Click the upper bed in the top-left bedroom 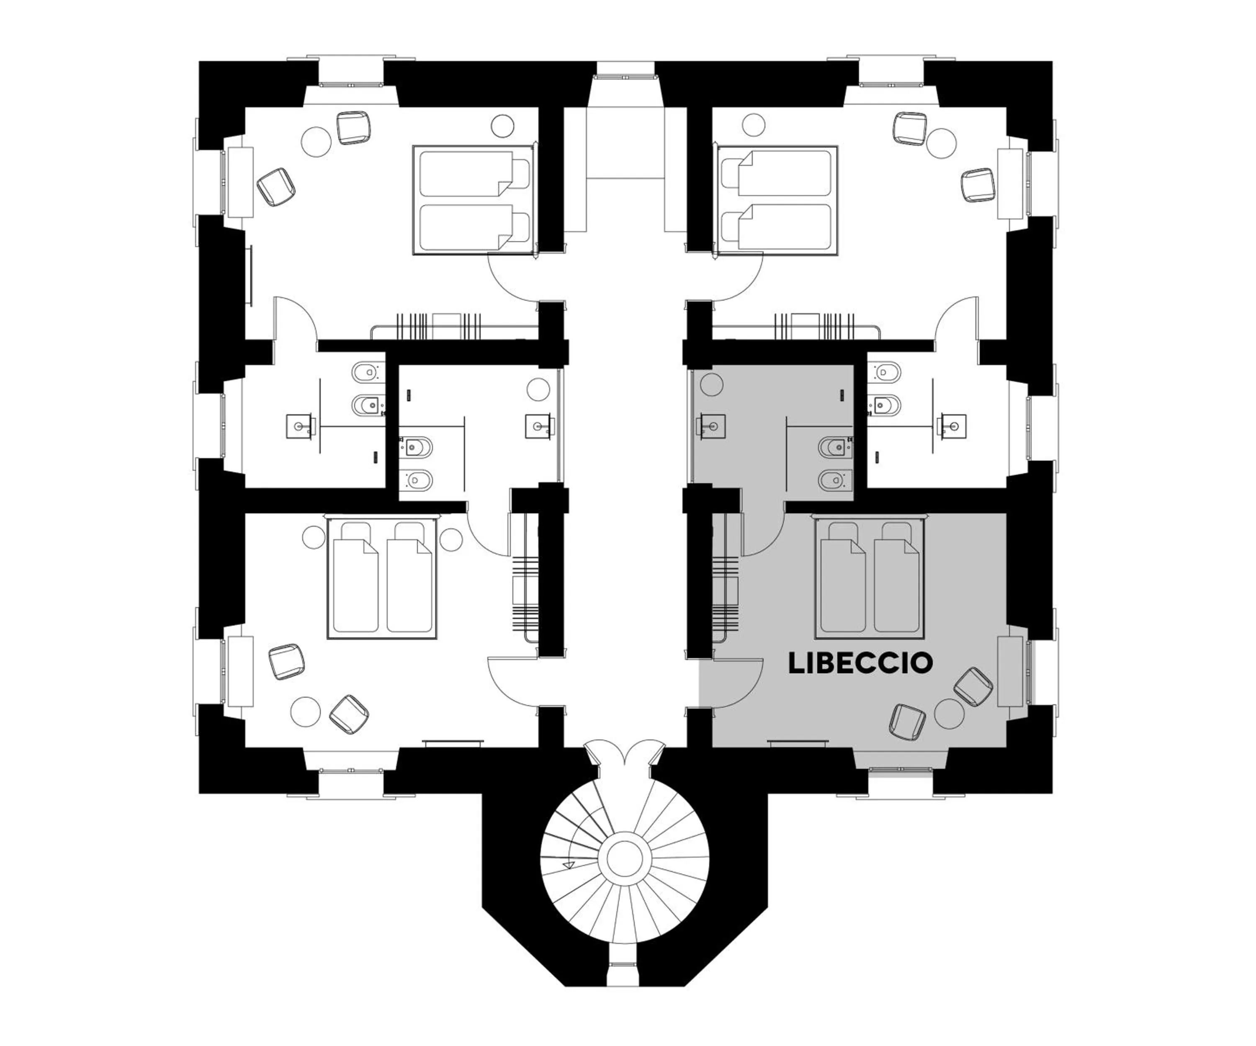[x=473, y=173]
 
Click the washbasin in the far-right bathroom [x=952, y=426]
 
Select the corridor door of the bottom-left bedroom [x=511, y=679]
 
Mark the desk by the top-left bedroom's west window [x=240, y=183]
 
